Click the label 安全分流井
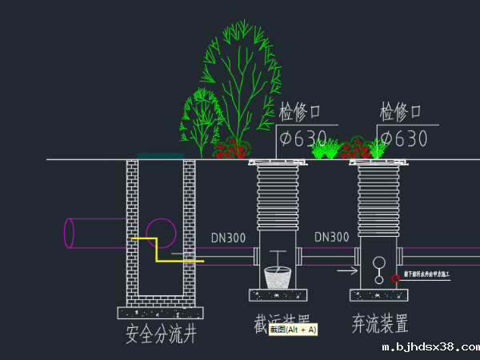161,334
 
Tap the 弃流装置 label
380,324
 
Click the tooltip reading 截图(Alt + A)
293,329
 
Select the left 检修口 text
306,111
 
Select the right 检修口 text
406,111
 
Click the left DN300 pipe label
229,238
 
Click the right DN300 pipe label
331,238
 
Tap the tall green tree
241,80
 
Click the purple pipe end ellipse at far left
69,233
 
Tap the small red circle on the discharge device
395,278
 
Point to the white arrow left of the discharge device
347,270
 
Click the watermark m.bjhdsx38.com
430,348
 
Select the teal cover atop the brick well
160,156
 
